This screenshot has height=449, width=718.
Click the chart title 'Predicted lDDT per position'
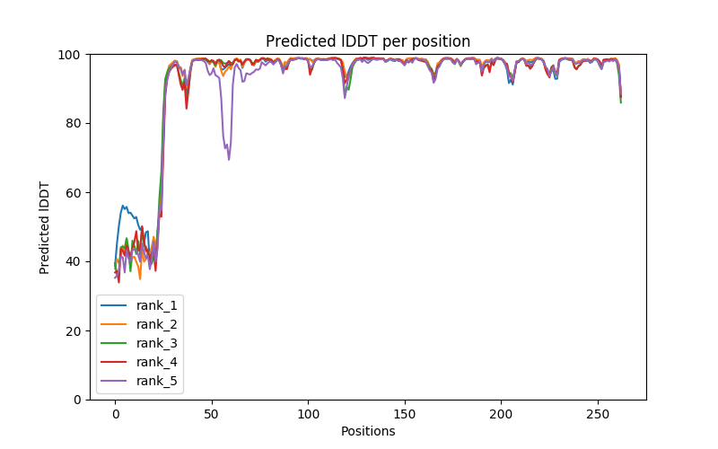tap(368, 41)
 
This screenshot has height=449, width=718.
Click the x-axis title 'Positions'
tap(368, 431)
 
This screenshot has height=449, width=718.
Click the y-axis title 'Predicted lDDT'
tap(46, 226)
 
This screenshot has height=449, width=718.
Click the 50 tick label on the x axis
tap(212, 414)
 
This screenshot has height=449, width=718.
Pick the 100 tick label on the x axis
tap(308, 414)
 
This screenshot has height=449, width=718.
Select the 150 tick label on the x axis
tap(405, 414)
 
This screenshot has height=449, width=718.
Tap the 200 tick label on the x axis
tap(501, 414)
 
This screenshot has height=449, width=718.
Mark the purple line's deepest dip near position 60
tap(229, 160)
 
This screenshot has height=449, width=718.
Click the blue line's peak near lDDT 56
tap(123, 206)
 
